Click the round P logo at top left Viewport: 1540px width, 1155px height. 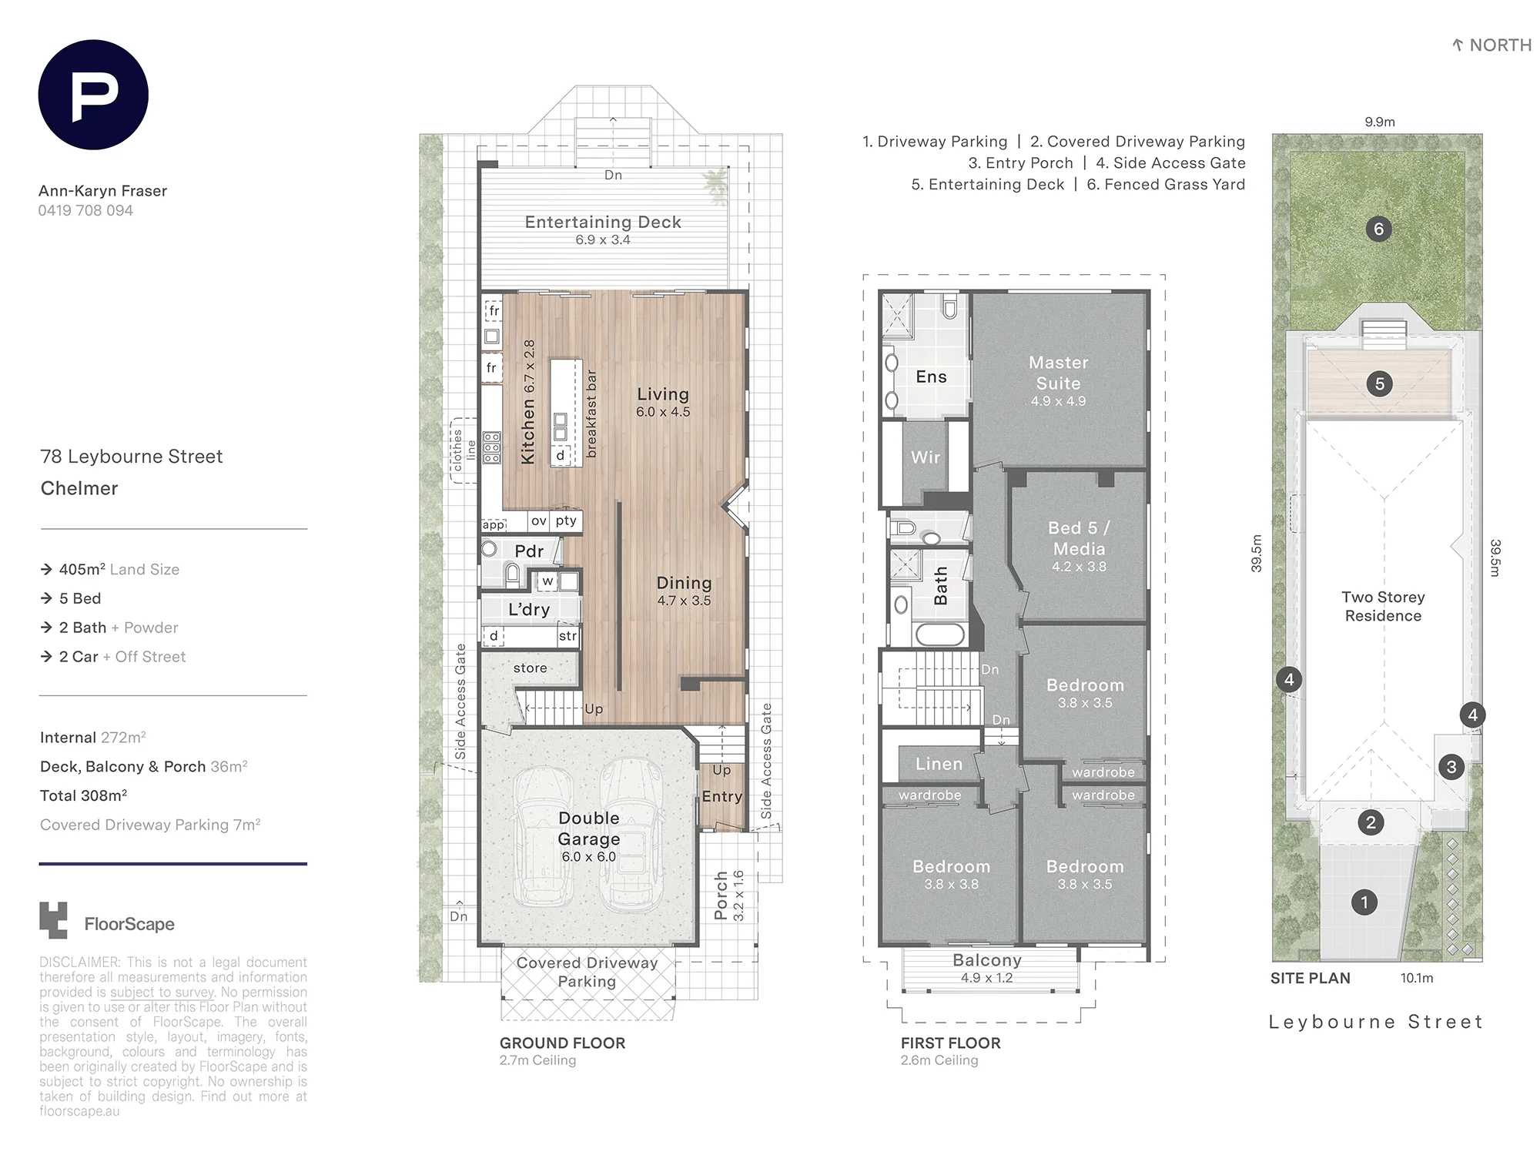point(93,95)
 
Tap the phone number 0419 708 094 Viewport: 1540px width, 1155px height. point(85,210)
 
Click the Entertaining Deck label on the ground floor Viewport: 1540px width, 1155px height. point(603,222)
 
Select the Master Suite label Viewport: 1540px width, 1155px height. point(1059,373)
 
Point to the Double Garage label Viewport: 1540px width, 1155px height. point(589,829)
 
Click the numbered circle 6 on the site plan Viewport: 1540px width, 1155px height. point(1378,229)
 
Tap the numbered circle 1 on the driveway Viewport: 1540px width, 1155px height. point(1364,902)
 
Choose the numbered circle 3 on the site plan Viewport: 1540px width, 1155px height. point(1451,767)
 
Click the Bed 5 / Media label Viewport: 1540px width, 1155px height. point(1079,538)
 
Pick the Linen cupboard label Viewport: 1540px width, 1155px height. point(939,764)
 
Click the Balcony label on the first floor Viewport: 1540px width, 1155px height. point(987,960)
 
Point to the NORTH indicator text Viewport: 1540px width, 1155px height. point(1500,45)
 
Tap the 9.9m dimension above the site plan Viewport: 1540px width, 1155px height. point(1380,122)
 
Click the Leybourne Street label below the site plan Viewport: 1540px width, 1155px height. point(1376,1022)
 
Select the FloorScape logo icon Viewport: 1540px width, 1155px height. point(53,920)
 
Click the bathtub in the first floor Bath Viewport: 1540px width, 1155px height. point(939,635)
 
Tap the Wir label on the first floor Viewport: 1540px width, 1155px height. point(926,457)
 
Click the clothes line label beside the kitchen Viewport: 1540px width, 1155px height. point(464,450)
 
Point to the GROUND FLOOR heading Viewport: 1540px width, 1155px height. point(562,1043)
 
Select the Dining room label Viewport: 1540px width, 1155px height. point(684,583)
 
